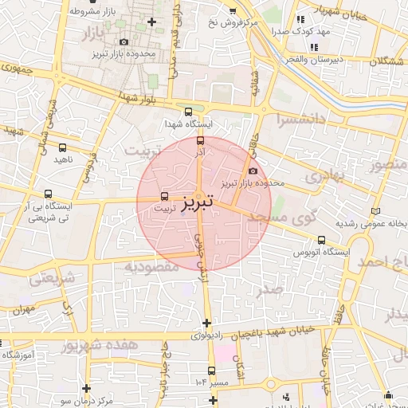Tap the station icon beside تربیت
pyautogui.click(x=165, y=195)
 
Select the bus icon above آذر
pyautogui.click(x=200, y=140)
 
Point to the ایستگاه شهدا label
pyautogui.click(x=186, y=125)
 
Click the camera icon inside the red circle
pyautogui.click(x=253, y=171)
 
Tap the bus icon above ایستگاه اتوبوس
pyautogui.click(x=321, y=239)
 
